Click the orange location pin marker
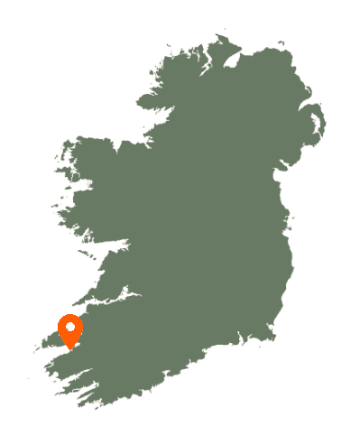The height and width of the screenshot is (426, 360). [x=70, y=330]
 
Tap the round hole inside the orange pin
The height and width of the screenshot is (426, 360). [x=70, y=326]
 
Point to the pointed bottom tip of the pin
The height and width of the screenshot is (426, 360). [x=70, y=348]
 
